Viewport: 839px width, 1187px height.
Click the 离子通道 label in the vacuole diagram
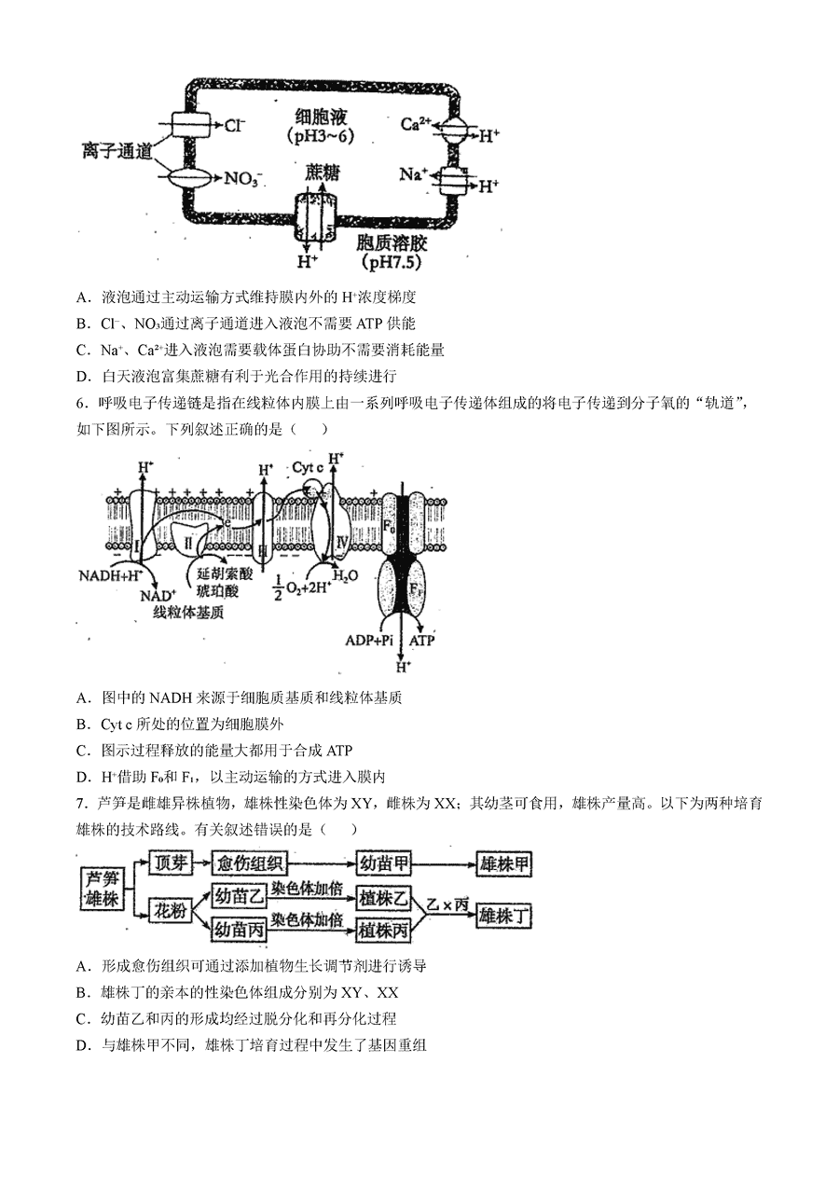tap(117, 152)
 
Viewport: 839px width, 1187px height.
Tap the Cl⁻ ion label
tap(235, 126)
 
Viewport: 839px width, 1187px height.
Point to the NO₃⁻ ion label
tap(243, 179)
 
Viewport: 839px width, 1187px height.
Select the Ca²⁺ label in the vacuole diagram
tap(415, 124)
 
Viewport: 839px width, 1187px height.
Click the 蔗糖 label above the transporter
tap(322, 173)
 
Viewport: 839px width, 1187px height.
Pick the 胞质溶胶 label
tap(392, 243)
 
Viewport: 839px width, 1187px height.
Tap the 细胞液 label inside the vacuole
tap(321, 117)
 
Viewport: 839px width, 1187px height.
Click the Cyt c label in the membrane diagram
tap(308, 468)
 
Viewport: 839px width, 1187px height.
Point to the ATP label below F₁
tap(421, 641)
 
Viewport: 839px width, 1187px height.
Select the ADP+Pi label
tap(368, 641)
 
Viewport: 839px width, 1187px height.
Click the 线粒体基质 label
tap(188, 613)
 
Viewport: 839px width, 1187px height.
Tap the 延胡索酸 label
tap(225, 573)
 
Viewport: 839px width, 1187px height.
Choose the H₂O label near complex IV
tap(345, 576)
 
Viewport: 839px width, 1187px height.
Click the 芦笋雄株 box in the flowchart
tap(103, 890)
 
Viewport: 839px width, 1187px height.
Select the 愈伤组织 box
tap(250, 864)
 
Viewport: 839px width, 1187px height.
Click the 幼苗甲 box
tap(384, 864)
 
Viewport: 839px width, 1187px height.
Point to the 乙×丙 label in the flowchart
tap(448, 904)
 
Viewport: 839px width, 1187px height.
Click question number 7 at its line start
tap(81, 804)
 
